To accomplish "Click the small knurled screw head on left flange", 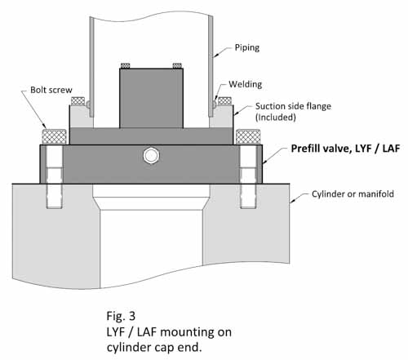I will point(79,102).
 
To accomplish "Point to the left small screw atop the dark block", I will point(126,66).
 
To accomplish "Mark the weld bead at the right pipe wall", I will point(214,104).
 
